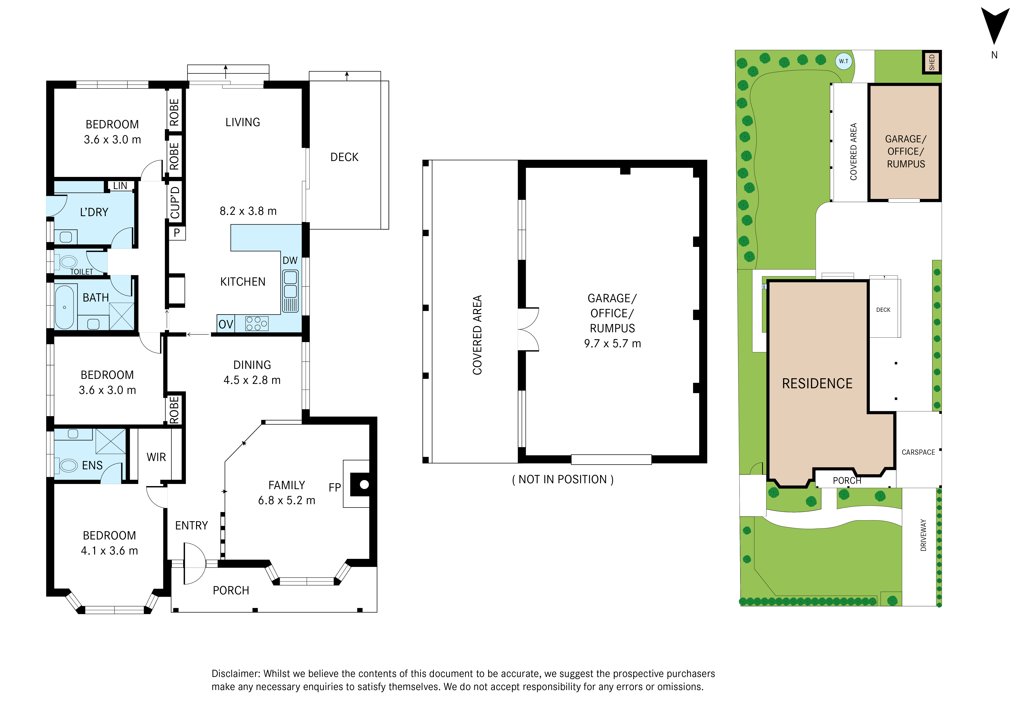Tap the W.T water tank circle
(x=844, y=61)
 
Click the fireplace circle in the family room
(x=364, y=485)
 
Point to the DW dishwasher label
(x=290, y=261)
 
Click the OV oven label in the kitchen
(x=226, y=324)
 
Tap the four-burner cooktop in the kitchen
(x=257, y=323)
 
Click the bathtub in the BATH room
(x=65, y=307)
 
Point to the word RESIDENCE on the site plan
(x=817, y=384)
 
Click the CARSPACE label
(x=918, y=452)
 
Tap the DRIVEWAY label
(x=924, y=535)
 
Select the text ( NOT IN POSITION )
(x=563, y=479)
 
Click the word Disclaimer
(x=236, y=674)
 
